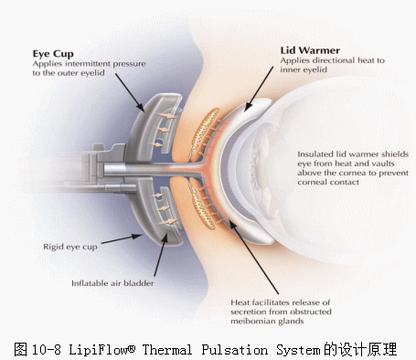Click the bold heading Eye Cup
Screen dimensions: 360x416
pos(53,54)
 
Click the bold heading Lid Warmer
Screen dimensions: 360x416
pos(309,50)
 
